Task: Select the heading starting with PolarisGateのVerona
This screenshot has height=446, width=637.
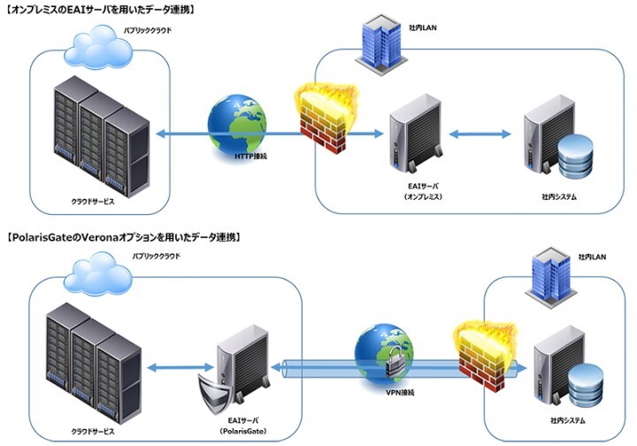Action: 124,237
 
